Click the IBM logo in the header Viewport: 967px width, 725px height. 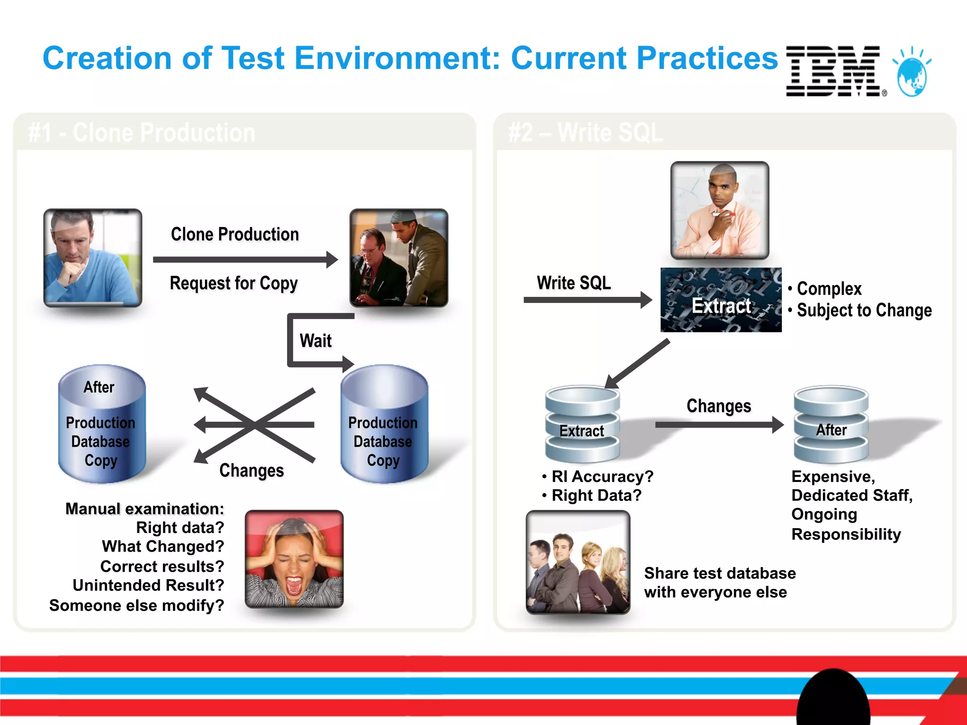pyautogui.click(x=833, y=71)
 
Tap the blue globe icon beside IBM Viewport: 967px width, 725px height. pyautogui.click(x=912, y=73)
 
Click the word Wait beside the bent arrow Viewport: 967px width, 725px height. pyautogui.click(x=315, y=341)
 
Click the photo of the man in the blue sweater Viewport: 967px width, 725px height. pyautogui.click(x=93, y=258)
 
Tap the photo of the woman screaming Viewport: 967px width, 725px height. pyautogui.click(x=294, y=559)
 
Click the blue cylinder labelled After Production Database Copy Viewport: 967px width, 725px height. pyautogui.click(x=102, y=425)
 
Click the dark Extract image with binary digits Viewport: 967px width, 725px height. pyautogui.click(x=721, y=300)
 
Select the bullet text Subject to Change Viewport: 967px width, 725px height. pyautogui.click(x=864, y=311)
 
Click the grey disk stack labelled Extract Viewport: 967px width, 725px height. pyautogui.click(x=582, y=425)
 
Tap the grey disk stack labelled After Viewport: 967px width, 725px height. pyautogui.click(x=831, y=425)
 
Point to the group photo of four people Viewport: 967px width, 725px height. pyautogui.click(x=578, y=562)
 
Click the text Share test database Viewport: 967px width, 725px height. pyautogui.click(x=720, y=573)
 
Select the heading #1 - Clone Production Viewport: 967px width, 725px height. pyautogui.click(x=142, y=133)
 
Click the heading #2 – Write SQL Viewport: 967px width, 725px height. pyautogui.click(x=585, y=133)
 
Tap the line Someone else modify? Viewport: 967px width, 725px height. pyautogui.click(x=137, y=606)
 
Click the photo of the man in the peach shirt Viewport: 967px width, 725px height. pyautogui.click(x=720, y=210)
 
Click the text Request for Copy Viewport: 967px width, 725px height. pyautogui.click(x=234, y=283)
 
